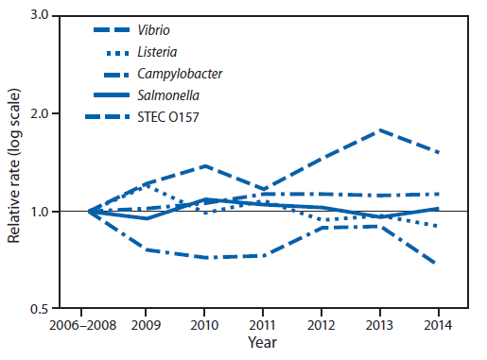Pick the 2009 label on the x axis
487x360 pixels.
click(x=146, y=324)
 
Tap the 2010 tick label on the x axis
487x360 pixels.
click(x=203, y=324)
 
